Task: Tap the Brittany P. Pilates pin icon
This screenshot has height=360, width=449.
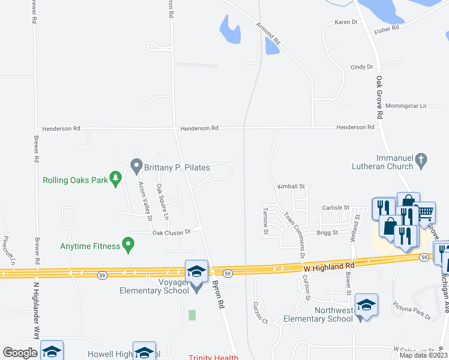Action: pyautogui.click(x=136, y=164)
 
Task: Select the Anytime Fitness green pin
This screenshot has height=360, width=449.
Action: pyautogui.click(x=127, y=244)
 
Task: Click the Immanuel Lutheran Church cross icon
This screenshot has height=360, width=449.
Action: pyautogui.click(x=421, y=160)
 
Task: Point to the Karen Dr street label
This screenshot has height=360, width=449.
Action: pyautogui.click(x=346, y=22)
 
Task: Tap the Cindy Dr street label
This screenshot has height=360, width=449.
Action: pyautogui.click(x=361, y=67)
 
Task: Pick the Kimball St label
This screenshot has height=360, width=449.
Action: pyautogui.click(x=291, y=187)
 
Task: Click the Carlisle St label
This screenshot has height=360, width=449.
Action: pyautogui.click(x=335, y=208)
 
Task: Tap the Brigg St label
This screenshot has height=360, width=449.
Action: pyautogui.click(x=327, y=232)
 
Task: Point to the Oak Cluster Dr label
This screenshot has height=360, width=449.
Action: pyautogui.click(x=171, y=232)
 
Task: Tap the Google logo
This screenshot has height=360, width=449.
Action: pyautogui.click(x=19, y=353)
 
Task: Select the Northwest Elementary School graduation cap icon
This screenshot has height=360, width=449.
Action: pyautogui.click(x=366, y=305)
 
